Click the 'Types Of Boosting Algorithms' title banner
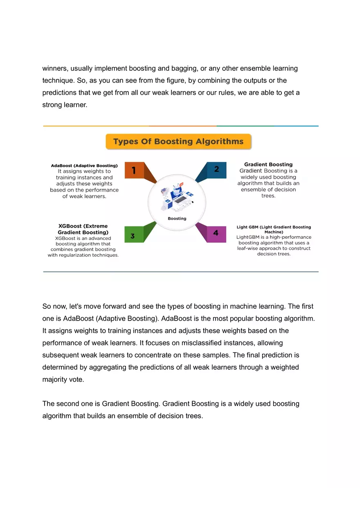point(178,142)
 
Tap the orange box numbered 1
point(134,170)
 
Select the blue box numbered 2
point(216,169)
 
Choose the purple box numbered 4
point(216,233)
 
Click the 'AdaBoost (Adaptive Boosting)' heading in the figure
point(84,166)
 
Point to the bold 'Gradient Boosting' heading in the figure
point(268,164)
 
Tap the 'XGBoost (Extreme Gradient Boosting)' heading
point(83,229)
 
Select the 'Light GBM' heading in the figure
point(274,229)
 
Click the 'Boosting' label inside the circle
point(177,218)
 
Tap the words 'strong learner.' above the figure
point(65,105)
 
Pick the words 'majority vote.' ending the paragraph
point(63,379)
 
